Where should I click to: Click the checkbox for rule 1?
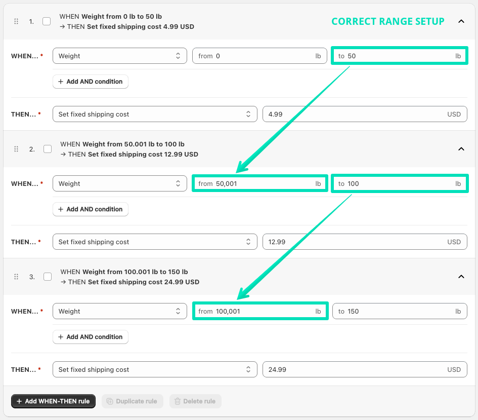tap(47, 21)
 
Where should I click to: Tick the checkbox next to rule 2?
tap(48, 149)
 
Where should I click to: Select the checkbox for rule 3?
tap(48, 277)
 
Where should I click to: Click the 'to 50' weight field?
tap(399, 56)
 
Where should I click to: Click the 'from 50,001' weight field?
tap(260, 183)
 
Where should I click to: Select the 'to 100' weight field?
tap(399, 183)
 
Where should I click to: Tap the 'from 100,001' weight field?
tap(260, 311)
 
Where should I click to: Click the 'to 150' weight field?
tap(399, 311)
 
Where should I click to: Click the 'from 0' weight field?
tap(260, 56)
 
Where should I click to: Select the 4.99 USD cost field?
tap(364, 114)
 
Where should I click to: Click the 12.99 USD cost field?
tap(364, 242)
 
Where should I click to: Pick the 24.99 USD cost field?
tap(364, 369)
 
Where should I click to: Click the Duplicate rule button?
tap(133, 401)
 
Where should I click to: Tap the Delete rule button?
tap(195, 401)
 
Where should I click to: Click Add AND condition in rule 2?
tap(91, 209)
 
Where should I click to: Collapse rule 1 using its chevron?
tap(461, 21)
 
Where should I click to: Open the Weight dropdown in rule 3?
tap(119, 311)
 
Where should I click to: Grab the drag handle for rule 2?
tap(16, 149)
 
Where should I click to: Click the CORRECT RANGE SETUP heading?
tap(387, 21)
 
